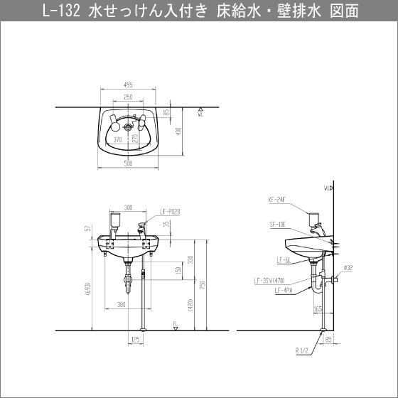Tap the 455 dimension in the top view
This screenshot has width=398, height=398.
[x=129, y=85]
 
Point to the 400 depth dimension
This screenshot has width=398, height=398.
[x=181, y=131]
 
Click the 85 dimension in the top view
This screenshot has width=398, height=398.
[x=166, y=112]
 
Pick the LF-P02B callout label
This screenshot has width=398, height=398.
[x=171, y=211]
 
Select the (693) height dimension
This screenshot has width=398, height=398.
[x=87, y=285]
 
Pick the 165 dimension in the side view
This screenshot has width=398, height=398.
[x=317, y=309]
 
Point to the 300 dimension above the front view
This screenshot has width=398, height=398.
[x=129, y=208]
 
